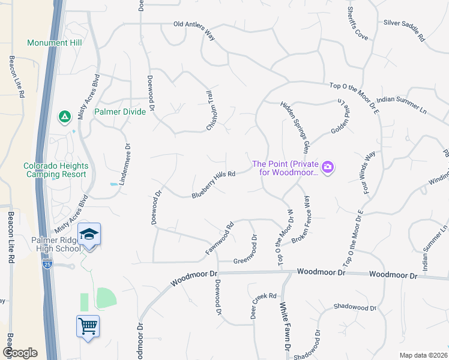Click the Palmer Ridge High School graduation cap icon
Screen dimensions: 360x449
pyautogui.click(x=89, y=233)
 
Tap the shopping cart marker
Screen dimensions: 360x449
pyautogui.click(x=88, y=326)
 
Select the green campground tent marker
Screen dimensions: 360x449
pyautogui.click(x=64, y=116)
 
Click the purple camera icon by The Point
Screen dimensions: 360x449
pyautogui.click(x=328, y=167)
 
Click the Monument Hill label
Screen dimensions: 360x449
pyautogui.click(x=55, y=43)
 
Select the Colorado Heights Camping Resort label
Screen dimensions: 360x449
pyautogui.click(x=56, y=170)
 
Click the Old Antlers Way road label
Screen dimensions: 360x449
pyautogui.click(x=194, y=29)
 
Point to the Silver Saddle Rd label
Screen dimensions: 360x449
pyautogui.click(x=404, y=31)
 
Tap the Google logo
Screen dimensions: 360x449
pyautogui.click(x=20, y=353)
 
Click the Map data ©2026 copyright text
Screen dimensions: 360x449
pyautogui.click(x=423, y=355)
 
